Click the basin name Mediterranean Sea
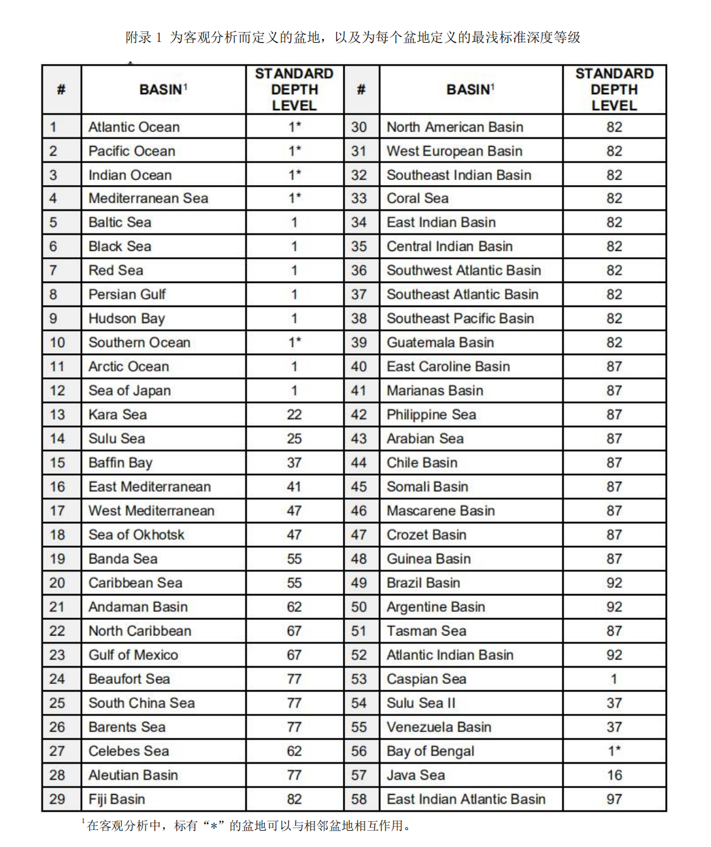148,198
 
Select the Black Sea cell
120,247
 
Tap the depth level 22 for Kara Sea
294,415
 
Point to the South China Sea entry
141,703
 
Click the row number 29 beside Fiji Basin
57,799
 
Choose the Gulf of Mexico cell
133,655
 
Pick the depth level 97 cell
614,799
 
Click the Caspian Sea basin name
426,679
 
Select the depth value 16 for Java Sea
614,775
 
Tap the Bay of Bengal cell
430,751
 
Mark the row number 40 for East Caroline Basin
359,366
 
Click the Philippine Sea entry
431,415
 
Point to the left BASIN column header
163,90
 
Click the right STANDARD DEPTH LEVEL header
614,90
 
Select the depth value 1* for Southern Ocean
294,343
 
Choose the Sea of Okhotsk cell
136,535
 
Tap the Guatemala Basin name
440,343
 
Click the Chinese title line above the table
353,38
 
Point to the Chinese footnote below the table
249,826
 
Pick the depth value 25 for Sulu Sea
294,439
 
